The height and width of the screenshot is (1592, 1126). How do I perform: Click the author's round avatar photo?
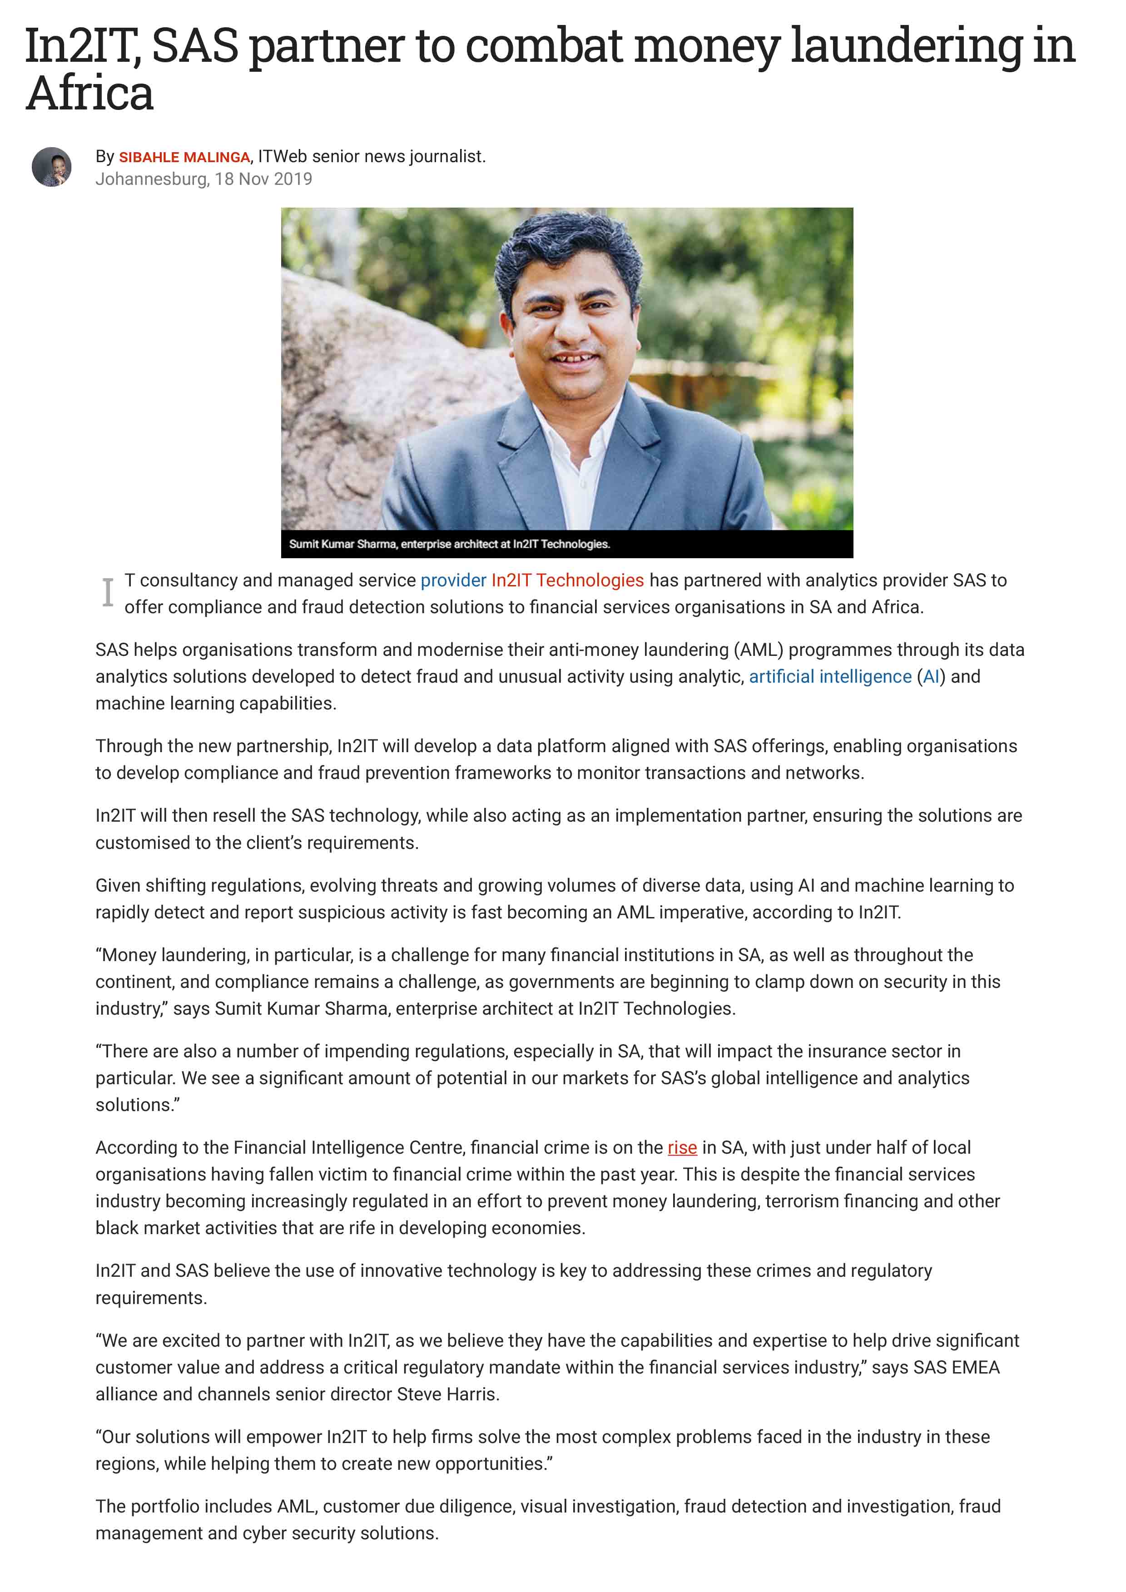51,166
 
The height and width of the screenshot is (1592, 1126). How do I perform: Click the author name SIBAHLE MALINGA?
184,158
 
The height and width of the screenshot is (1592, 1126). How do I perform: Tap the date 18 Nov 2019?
263,179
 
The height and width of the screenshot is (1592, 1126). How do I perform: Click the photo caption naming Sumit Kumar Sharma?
449,544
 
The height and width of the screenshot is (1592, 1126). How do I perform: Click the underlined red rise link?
682,1147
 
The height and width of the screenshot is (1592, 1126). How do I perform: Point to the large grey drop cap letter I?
108,593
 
